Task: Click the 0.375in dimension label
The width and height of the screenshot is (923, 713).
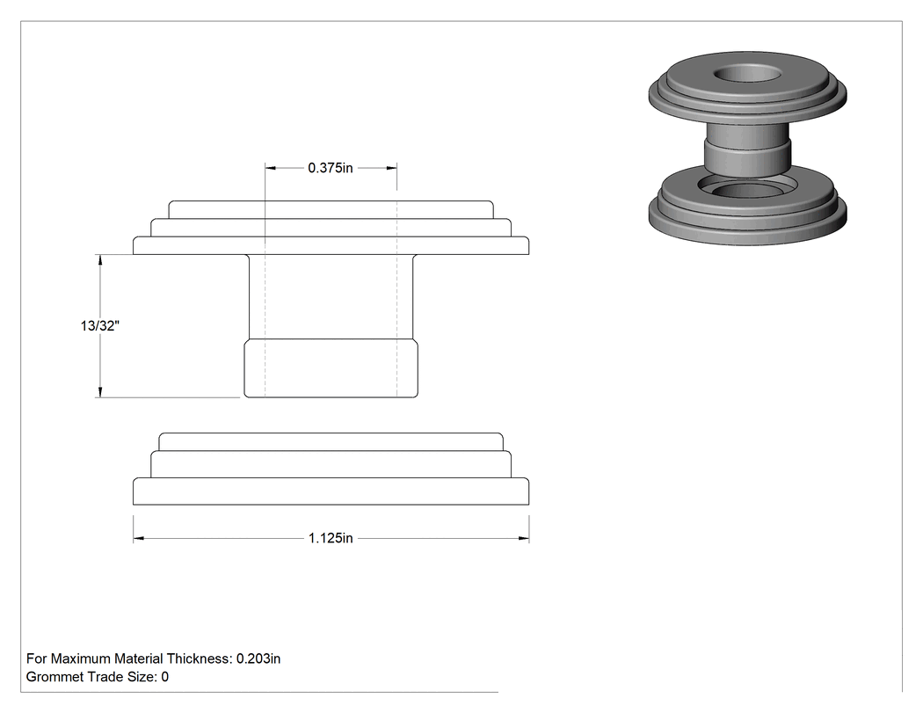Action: [x=331, y=168]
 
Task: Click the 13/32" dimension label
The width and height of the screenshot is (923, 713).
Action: [x=100, y=325]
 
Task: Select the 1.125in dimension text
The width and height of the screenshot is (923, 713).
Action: [x=331, y=538]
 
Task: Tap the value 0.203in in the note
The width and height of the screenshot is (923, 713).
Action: [x=258, y=658]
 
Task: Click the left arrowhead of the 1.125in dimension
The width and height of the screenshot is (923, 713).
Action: [x=138, y=538]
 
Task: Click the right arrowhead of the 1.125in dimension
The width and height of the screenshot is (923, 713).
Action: [x=523, y=538]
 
